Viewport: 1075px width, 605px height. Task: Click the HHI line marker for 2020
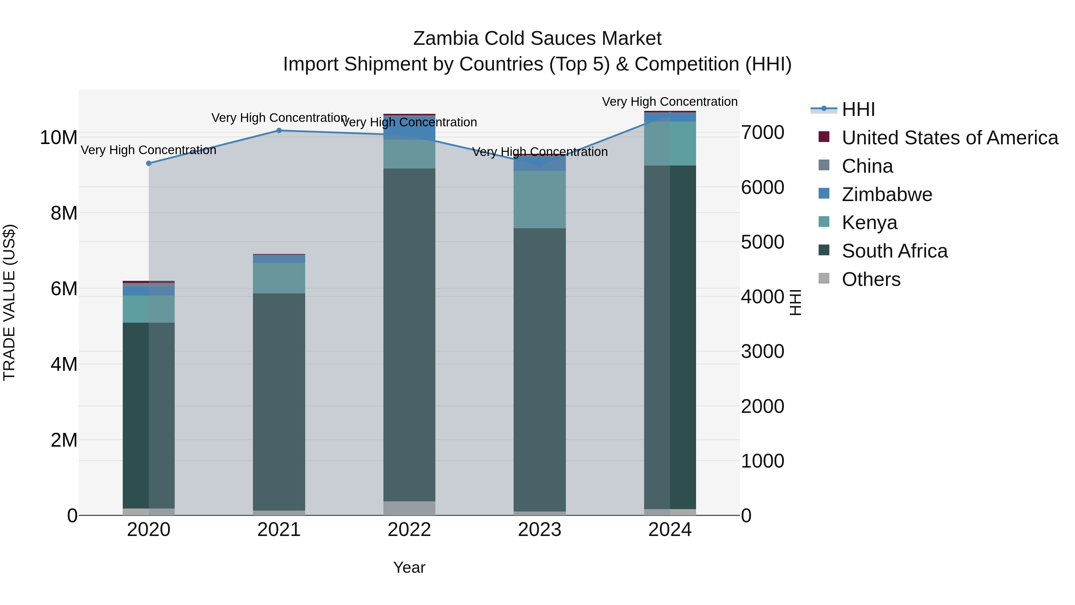(x=149, y=163)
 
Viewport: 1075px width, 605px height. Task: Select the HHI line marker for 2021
(x=279, y=131)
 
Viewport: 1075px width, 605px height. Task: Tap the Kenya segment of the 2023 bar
(x=540, y=200)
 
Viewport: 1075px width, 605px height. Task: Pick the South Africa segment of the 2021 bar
(x=279, y=401)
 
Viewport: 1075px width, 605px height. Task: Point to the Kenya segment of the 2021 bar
(x=279, y=278)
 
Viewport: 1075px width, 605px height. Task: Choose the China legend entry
(x=867, y=166)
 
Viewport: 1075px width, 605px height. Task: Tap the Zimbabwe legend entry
(x=887, y=194)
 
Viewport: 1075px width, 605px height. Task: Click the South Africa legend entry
(x=894, y=251)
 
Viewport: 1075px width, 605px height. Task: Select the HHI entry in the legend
(x=858, y=109)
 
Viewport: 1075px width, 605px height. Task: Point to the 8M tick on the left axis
(x=64, y=213)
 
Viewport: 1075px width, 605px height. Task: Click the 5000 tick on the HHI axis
(x=762, y=242)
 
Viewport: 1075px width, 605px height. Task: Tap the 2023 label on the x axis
(x=540, y=530)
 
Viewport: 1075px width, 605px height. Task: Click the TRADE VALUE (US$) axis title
(x=9, y=302)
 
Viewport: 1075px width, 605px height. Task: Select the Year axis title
(x=409, y=567)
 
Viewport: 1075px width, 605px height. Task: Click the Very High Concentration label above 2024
(x=669, y=102)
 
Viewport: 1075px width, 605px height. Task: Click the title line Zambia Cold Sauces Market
(x=537, y=39)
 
